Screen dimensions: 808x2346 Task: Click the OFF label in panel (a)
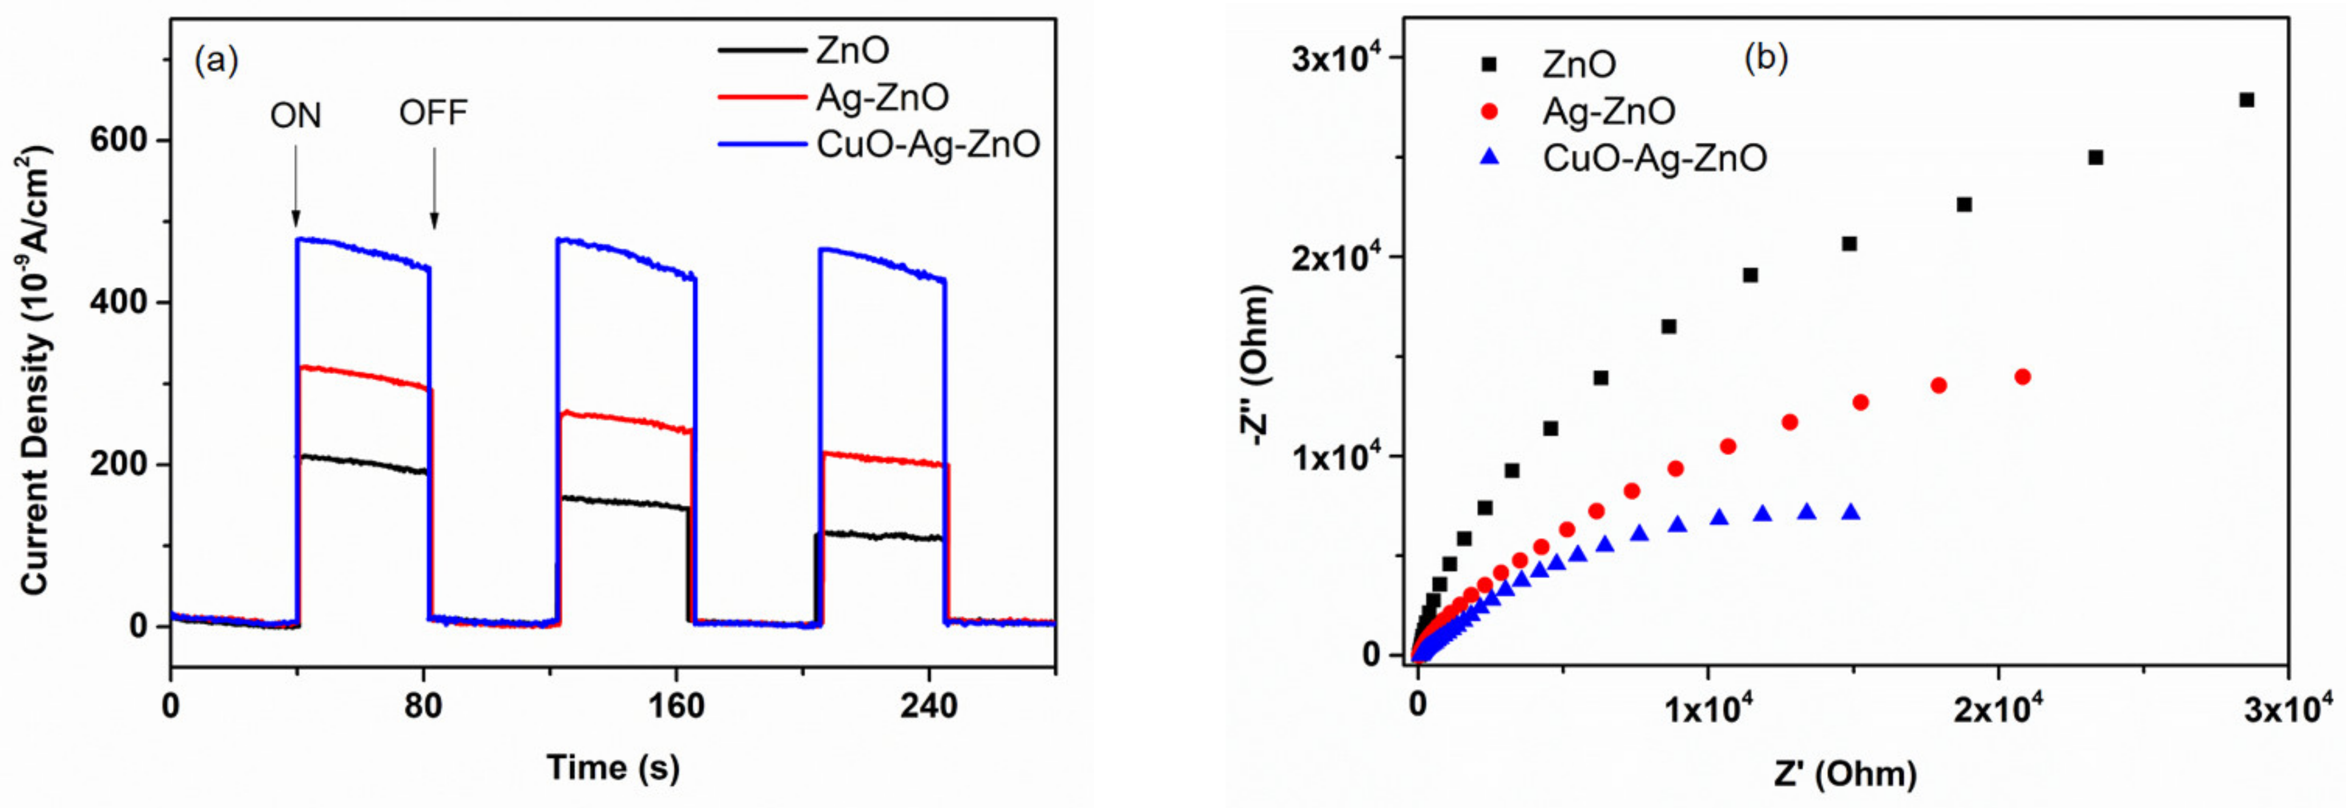[433, 113]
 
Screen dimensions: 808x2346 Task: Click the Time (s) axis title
[613, 768]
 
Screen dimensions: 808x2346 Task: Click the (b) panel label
[1765, 58]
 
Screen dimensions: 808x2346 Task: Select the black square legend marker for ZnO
[1490, 64]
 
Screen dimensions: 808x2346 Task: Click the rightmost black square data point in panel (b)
[2247, 100]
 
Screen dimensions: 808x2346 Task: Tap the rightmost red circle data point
[2023, 377]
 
